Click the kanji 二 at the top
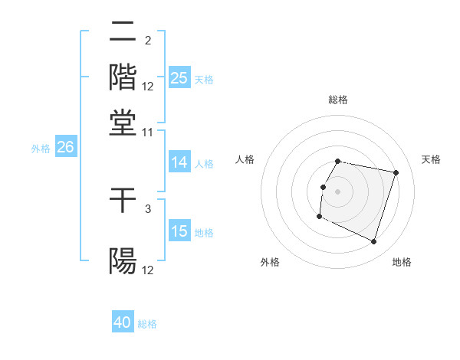[123, 32]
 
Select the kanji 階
[123, 77]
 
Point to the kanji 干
[123, 201]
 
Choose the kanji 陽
[123, 260]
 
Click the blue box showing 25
[179, 78]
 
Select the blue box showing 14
[179, 162]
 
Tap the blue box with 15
[179, 231]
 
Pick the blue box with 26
[65, 148]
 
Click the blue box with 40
[123, 322]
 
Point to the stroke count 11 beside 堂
[148, 133]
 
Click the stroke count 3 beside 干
[148, 208]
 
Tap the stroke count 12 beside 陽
[148, 270]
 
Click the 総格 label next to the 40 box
[147, 324]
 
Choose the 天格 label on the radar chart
[431, 159]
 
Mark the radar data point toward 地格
[374, 242]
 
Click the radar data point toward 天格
[396, 172]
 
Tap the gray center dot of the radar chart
[338, 191]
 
